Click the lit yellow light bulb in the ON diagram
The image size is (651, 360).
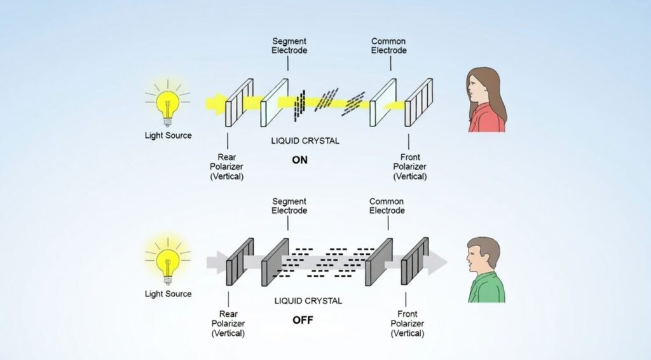tap(168, 105)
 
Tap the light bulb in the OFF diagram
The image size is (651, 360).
tap(168, 261)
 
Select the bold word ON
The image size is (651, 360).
tap(299, 160)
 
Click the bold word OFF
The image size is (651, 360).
tap(303, 319)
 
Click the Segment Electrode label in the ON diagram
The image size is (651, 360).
tap(289, 45)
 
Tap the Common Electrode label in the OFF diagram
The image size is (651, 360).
tap(387, 205)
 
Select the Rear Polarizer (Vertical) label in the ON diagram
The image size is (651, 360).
tap(227, 167)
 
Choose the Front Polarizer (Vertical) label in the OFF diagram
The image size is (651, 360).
tap(408, 323)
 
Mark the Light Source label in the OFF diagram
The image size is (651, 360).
tap(168, 294)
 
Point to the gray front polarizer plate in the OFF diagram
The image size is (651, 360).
tap(413, 261)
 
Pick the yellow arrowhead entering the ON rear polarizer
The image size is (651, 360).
tap(219, 104)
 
